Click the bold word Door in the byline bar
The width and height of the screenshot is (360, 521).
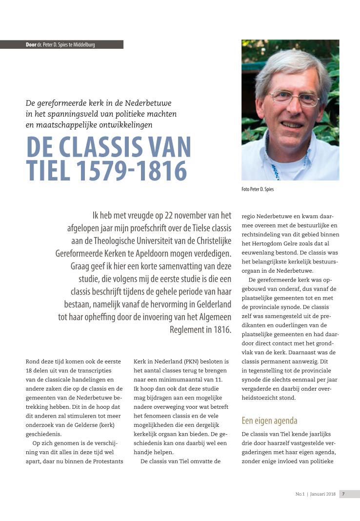31,45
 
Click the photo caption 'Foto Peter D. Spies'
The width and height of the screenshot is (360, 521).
258,189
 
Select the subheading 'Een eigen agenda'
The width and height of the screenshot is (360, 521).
270,421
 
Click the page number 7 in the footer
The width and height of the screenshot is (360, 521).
343,494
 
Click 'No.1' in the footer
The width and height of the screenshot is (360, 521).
300,494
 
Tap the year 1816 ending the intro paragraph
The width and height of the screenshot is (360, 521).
222,330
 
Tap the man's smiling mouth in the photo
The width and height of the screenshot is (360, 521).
293,125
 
